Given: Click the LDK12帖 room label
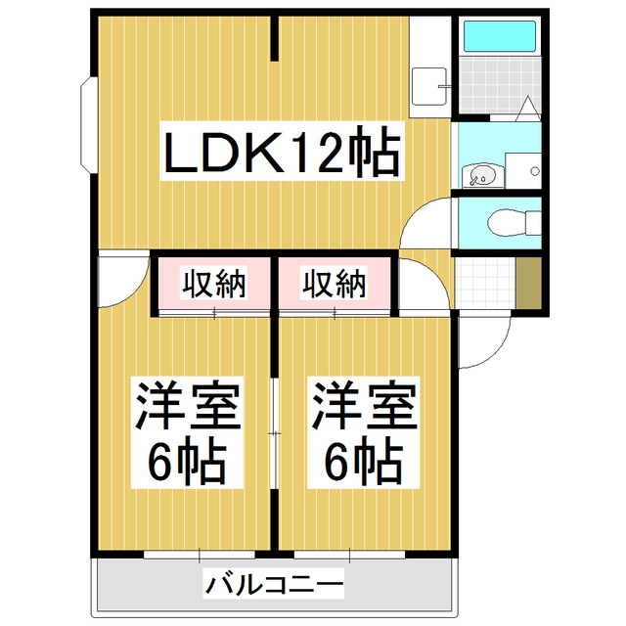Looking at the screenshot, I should point(282,155).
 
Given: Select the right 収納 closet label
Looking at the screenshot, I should point(334,285).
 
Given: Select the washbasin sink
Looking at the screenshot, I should point(481,175).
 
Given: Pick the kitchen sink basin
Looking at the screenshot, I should point(428,86).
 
